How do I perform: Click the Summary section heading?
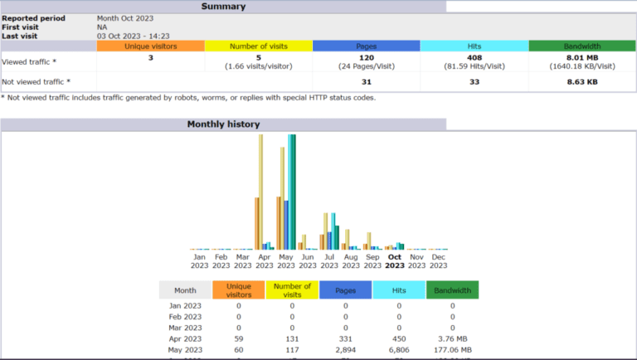(223, 7)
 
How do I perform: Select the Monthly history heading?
(223, 124)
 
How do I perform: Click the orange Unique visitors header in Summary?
(150, 46)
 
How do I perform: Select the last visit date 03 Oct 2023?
(133, 36)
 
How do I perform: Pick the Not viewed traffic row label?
(36, 81)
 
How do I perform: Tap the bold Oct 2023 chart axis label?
(395, 261)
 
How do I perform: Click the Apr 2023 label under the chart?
(265, 261)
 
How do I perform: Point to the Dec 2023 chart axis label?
(438, 261)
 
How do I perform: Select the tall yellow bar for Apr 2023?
(260, 192)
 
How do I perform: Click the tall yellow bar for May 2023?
(283, 198)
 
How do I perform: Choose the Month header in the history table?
(184, 290)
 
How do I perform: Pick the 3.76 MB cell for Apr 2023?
(452, 339)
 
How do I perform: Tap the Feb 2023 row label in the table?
(184, 316)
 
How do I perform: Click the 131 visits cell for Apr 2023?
(292, 339)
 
